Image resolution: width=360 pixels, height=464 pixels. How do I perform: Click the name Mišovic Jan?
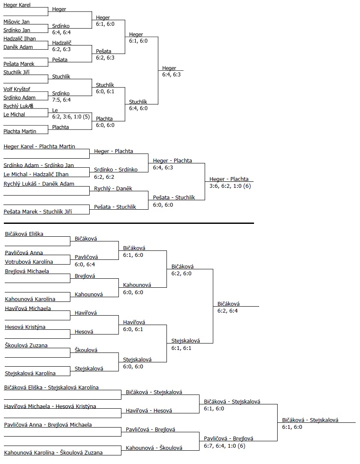pos(17,22)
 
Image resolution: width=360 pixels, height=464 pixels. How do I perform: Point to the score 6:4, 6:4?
pos(61,32)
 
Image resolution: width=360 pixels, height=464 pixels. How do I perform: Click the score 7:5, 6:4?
pos(61,99)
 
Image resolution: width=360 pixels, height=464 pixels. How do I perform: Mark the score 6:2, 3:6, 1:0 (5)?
pos(71,116)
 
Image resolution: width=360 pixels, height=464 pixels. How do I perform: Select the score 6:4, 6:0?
pos(138,108)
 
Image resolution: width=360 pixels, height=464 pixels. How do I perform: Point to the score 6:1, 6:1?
pos(181,348)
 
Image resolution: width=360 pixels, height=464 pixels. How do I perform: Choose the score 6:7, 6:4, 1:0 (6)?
pos(224,446)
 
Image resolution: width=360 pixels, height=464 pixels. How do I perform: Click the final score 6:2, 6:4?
pos(227,310)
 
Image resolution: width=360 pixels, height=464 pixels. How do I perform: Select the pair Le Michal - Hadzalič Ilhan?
pos(36,174)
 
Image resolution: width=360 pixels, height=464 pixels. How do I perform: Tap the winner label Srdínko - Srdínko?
pos(116,170)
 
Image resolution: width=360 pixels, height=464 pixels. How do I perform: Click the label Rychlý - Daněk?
pos(113,188)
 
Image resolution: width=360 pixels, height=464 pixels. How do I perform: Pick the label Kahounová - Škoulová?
pos(154,448)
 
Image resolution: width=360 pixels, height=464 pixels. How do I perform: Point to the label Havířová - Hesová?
pos(149,411)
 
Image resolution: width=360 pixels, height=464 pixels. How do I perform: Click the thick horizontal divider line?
pos(129,223)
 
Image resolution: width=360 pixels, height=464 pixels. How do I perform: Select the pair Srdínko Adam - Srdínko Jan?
pos(39,165)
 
